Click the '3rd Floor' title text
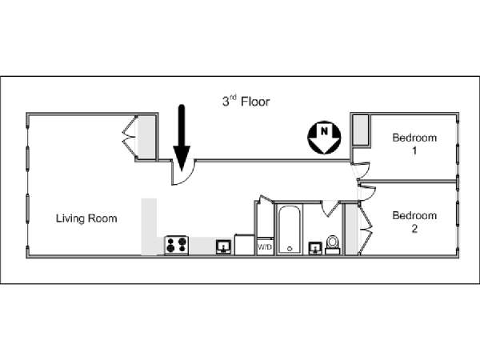pos(246,102)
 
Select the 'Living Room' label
pos(87,218)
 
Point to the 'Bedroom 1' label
pos(414,143)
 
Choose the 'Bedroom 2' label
pos(414,221)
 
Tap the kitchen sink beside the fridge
pos(224,246)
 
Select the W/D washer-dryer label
pos(264,247)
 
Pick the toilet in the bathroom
pos(334,244)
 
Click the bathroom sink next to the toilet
pos(315,247)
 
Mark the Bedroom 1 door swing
pos(361,170)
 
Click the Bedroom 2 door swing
pos(366,193)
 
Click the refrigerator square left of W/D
pos(245,245)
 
